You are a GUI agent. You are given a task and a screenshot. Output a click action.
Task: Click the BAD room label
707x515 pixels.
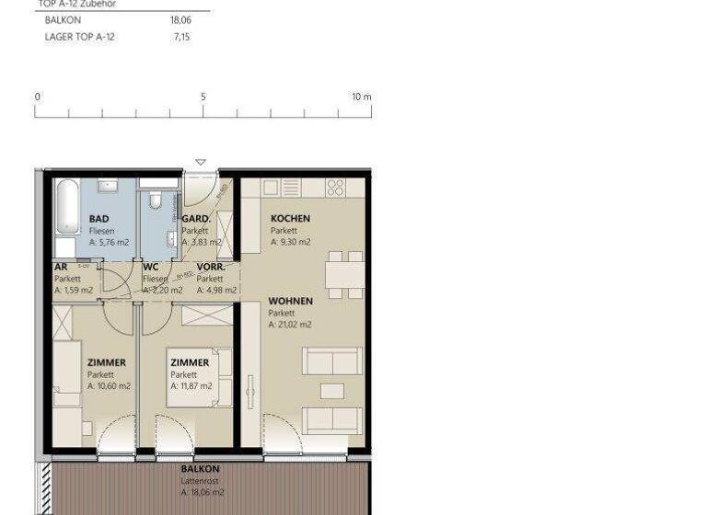99,219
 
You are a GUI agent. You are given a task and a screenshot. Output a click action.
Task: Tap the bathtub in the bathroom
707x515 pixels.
67,206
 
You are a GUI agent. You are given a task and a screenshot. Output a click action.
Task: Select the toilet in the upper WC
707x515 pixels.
156,200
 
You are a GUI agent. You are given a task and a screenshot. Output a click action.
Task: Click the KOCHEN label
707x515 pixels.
290,219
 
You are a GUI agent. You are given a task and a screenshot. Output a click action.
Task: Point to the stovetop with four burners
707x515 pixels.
335,188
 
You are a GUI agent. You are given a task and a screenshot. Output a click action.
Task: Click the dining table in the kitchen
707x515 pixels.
345,275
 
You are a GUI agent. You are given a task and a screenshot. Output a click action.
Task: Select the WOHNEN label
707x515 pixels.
290,301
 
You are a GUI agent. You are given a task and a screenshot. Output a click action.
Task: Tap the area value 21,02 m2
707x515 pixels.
290,325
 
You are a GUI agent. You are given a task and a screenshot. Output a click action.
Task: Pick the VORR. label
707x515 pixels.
211,267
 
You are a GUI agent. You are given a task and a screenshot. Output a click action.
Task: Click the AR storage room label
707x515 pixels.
60,267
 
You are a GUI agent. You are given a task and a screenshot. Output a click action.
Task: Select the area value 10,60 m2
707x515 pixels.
109,386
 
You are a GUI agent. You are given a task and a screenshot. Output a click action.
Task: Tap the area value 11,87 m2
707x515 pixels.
191,386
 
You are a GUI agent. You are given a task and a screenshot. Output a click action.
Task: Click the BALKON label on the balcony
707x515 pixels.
200,469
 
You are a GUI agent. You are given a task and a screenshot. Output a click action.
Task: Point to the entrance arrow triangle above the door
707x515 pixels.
201,163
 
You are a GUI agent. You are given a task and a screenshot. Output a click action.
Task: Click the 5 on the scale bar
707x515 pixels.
203,97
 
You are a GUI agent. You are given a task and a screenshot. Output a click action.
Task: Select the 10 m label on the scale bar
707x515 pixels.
361,97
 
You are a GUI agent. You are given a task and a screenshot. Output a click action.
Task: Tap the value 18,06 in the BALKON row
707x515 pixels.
180,18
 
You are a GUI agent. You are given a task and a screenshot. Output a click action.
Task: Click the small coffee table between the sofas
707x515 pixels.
332,391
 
